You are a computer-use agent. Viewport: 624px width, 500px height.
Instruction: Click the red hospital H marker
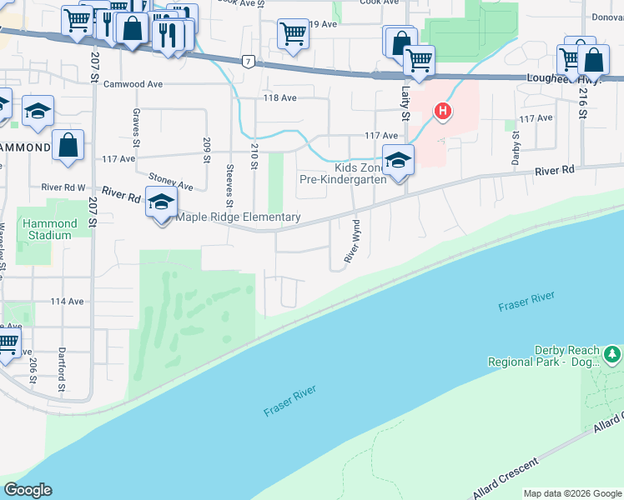(x=443, y=111)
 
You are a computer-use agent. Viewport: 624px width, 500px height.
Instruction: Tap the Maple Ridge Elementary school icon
(x=162, y=201)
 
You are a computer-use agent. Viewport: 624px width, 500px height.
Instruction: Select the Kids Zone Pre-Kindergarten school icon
(x=399, y=159)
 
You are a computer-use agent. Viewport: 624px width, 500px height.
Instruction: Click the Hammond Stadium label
(x=50, y=229)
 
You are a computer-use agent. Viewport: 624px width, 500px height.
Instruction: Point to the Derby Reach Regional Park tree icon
(x=613, y=356)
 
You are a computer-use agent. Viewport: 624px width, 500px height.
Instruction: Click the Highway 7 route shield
(x=248, y=61)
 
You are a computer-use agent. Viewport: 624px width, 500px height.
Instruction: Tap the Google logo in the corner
(x=28, y=490)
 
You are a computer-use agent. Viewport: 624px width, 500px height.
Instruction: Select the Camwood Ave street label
(x=133, y=84)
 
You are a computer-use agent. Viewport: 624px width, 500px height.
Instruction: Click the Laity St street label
(x=406, y=103)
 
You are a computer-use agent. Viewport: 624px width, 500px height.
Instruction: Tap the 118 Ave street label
(x=280, y=98)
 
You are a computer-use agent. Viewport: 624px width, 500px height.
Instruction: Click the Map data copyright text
(x=572, y=493)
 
